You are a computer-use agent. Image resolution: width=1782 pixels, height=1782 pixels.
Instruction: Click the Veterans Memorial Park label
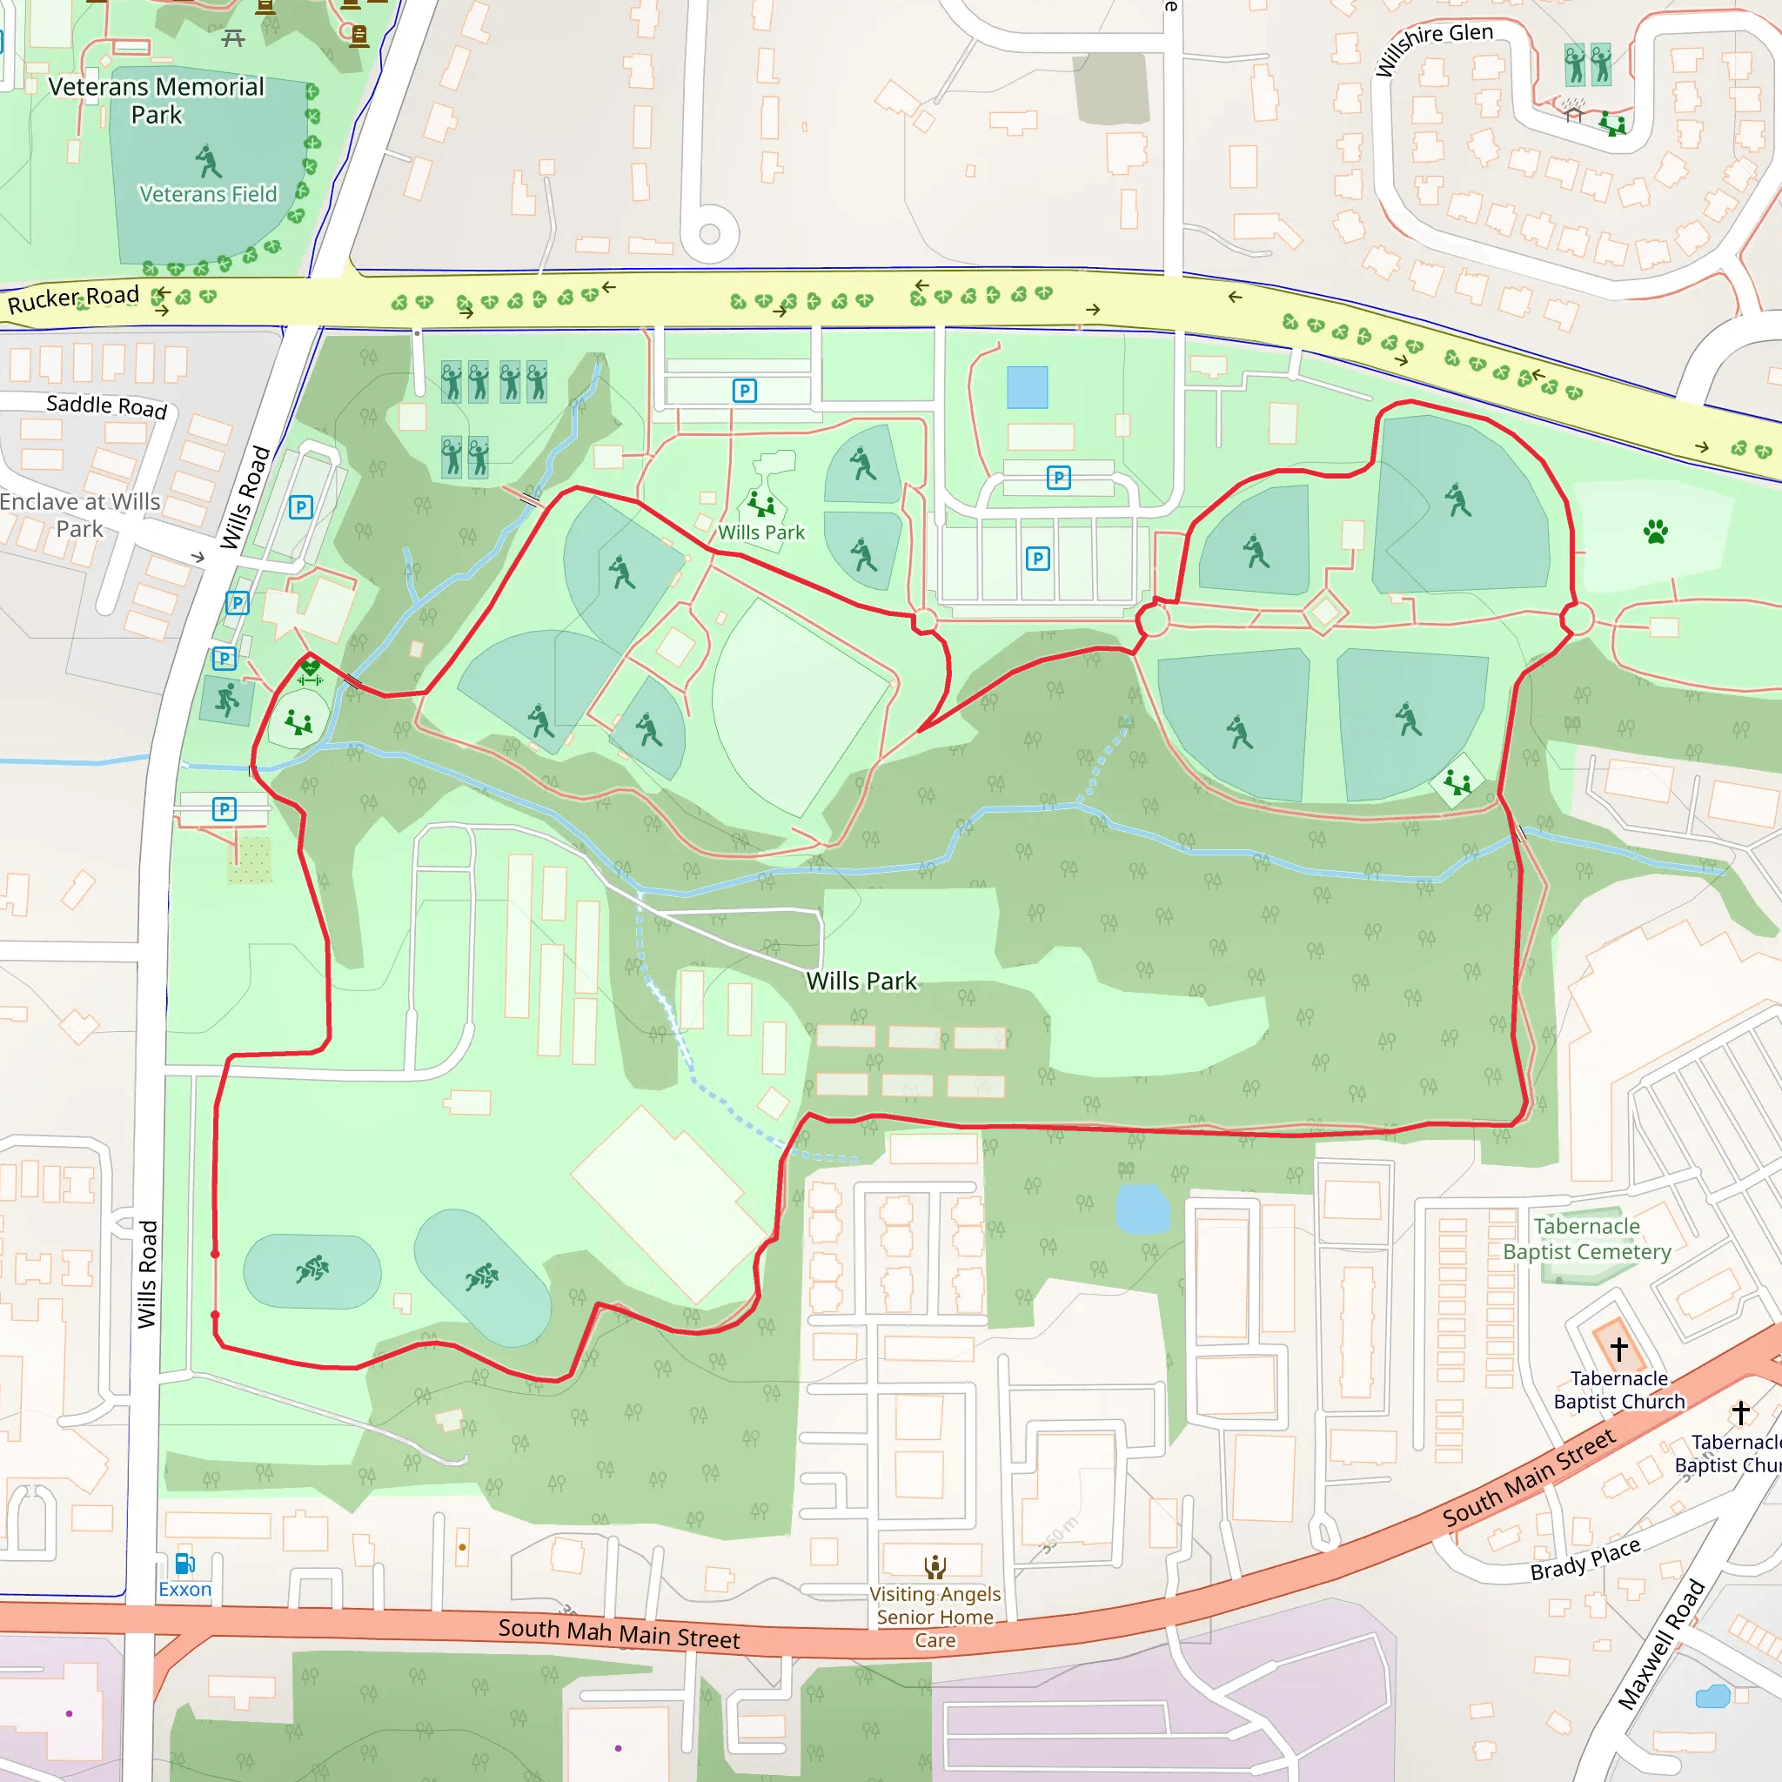[x=156, y=101]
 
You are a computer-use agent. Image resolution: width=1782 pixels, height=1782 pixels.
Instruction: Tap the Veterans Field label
[x=208, y=195]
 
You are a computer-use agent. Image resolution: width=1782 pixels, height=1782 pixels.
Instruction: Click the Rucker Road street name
[x=73, y=298]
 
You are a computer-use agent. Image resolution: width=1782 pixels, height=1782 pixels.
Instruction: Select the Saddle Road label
[x=107, y=405]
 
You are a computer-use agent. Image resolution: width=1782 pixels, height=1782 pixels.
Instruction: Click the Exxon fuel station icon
[x=184, y=1564]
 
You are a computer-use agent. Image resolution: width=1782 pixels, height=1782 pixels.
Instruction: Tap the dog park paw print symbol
[x=1656, y=532]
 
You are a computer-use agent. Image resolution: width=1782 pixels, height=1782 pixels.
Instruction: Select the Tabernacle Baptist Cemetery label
[x=1586, y=1239]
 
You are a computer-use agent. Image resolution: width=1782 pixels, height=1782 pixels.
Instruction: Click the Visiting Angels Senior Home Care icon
[x=935, y=1566]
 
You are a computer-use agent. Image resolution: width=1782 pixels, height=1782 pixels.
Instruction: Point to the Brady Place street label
[x=1584, y=1558]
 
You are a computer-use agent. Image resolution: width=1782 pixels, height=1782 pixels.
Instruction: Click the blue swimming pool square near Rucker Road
[x=1027, y=387]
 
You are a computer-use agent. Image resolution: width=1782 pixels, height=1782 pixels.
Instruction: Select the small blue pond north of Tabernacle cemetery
[x=1142, y=1209]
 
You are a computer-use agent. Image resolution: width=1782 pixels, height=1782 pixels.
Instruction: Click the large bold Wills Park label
[x=861, y=981]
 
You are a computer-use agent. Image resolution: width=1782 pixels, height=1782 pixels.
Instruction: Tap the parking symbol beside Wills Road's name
[x=301, y=507]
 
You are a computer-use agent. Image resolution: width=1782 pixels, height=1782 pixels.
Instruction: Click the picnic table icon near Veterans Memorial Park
[x=233, y=37]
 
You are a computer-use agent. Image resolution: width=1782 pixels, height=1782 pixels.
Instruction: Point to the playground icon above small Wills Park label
[x=762, y=504]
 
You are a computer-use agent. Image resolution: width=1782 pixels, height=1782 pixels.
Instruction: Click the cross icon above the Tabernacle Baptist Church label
[x=1618, y=1349]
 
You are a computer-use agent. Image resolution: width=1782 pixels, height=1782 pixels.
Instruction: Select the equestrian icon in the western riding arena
[x=312, y=1270]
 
